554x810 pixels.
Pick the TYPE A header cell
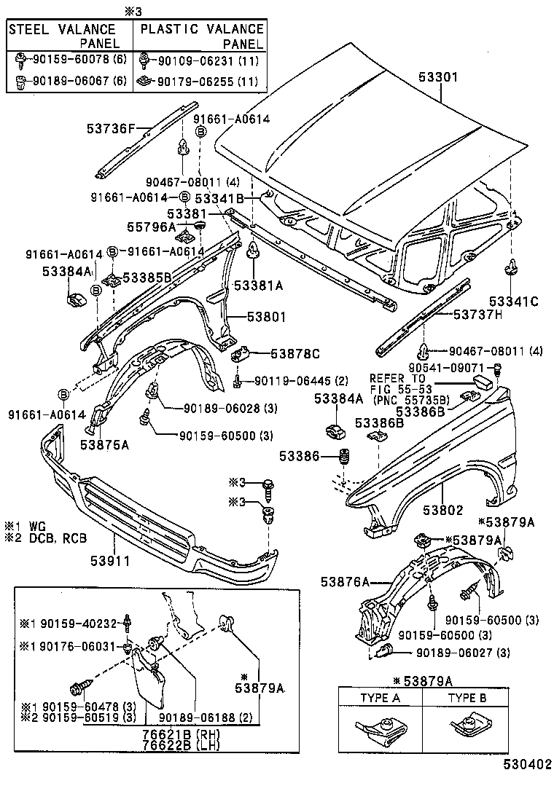pyautogui.click(x=381, y=698)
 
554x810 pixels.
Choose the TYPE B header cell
pyautogui.click(x=467, y=698)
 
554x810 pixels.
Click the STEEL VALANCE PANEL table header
pyautogui.click(x=69, y=36)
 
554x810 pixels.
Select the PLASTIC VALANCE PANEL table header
pyautogui.click(x=201, y=36)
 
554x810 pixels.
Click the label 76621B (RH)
pyautogui.click(x=182, y=734)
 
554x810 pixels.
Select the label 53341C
pyautogui.click(x=514, y=301)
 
